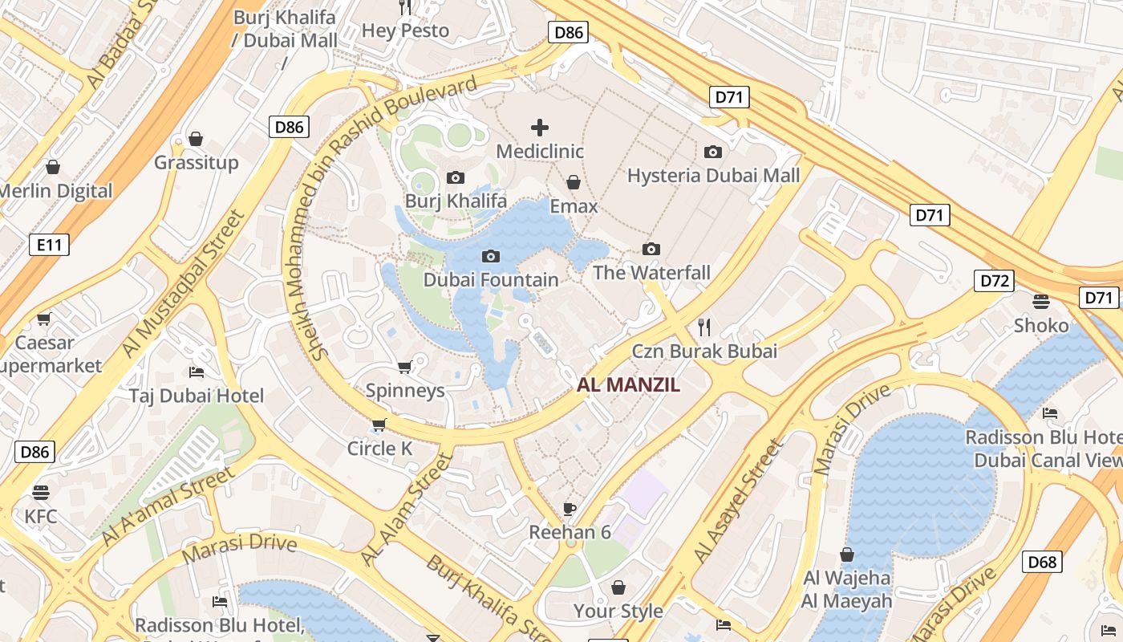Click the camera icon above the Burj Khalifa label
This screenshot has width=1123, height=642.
[456, 177]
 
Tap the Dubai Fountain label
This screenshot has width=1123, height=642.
[490, 280]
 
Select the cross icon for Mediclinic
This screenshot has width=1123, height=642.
[540, 128]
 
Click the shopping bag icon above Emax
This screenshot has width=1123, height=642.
[574, 183]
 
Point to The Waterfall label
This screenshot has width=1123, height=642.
[651, 273]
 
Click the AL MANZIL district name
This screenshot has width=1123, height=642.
[628, 385]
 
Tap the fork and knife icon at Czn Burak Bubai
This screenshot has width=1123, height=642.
[704, 327]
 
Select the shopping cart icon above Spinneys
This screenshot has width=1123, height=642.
[405, 367]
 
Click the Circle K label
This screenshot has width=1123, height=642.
[379, 449]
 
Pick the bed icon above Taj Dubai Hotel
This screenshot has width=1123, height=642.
[197, 372]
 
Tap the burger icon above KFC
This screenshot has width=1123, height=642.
[41, 492]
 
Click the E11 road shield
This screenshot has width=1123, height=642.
[49, 245]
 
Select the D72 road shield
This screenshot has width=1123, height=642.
[994, 281]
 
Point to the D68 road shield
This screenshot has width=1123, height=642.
[1042, 562]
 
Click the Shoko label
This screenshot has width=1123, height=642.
[1041, 325]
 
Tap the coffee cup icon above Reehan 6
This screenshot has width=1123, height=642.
[570, 508]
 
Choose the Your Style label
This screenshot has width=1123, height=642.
[618, 611]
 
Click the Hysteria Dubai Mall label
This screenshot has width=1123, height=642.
[713, 175]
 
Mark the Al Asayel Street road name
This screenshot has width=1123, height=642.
[737, 502]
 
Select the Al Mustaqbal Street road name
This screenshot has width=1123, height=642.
[182, 284]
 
